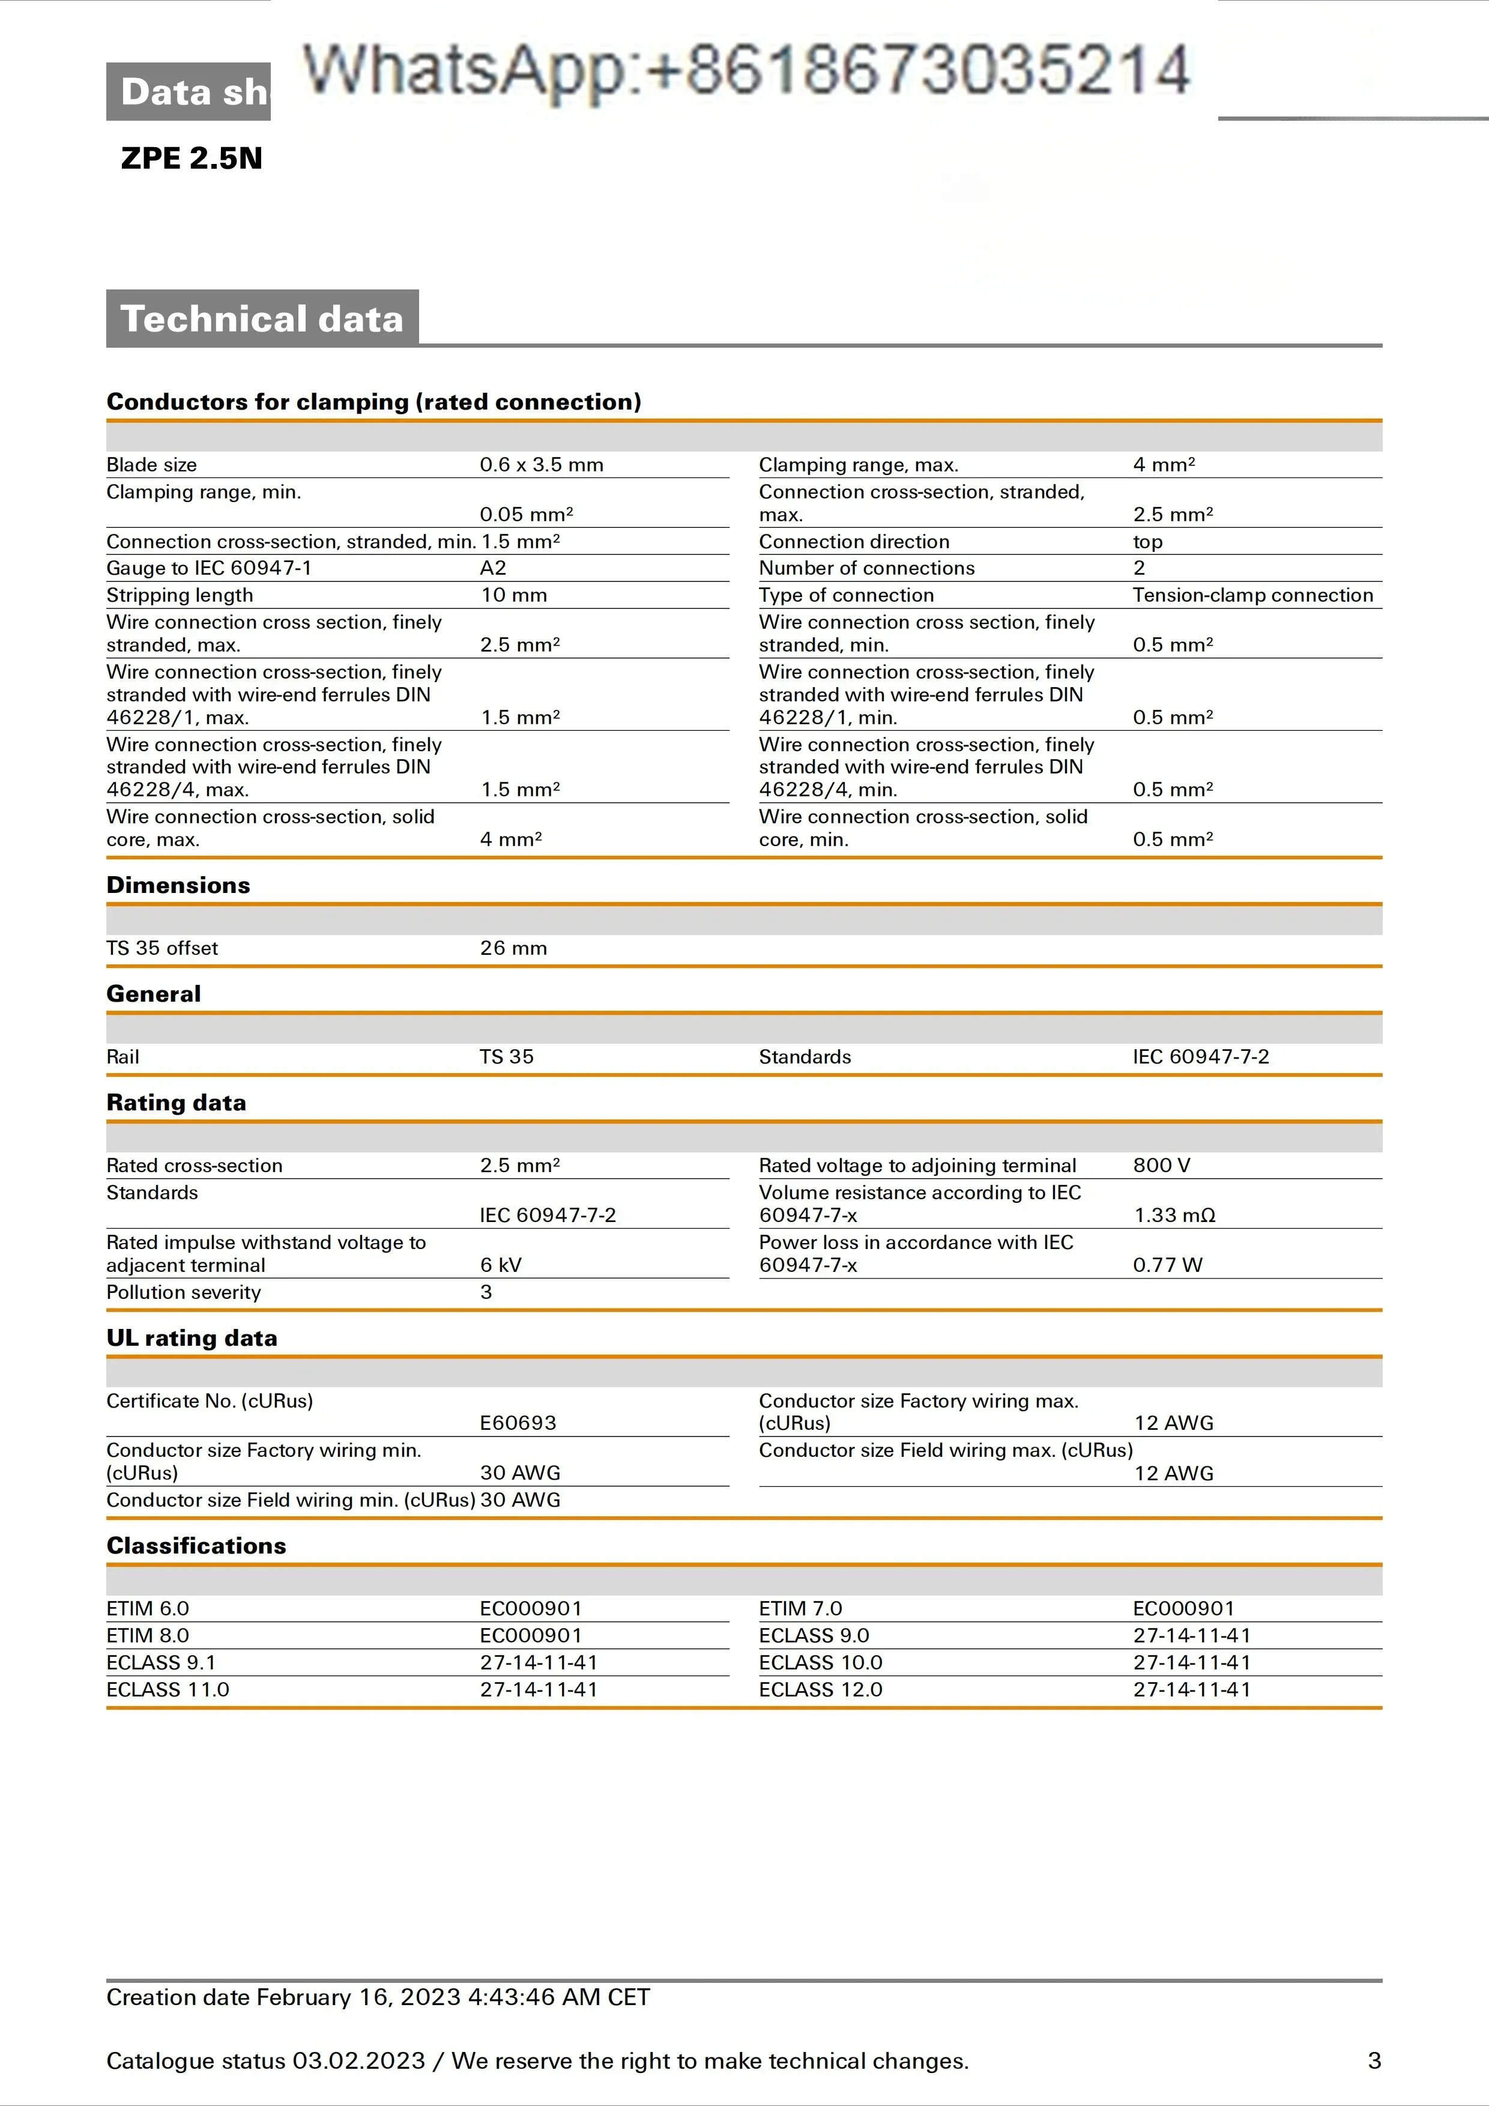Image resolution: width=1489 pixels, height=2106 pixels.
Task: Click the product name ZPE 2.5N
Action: tap(192, 159)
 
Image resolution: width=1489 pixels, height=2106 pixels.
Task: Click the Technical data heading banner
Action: tap(262, 318)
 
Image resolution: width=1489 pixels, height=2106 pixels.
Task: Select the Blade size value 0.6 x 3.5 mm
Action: tap(541, 465)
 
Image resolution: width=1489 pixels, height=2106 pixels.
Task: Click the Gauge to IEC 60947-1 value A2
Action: tap(494, 569)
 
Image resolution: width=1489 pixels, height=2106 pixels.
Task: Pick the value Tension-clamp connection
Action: tap(1252, 595)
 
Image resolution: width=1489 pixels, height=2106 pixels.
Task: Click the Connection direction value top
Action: tap(1147, 542)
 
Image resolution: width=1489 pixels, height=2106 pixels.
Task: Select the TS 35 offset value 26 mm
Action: tap(513, 948)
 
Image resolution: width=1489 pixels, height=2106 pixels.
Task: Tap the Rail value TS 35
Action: tap(506, 1057)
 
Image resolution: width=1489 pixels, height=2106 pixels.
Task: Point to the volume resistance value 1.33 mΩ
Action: tap(1174, 1215)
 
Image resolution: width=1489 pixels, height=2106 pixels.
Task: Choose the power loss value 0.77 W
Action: tap(1167, 1265)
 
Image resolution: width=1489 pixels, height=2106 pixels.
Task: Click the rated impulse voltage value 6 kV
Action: tap(501, 1265)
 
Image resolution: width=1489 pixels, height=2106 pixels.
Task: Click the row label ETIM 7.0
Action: tap(800, 1609)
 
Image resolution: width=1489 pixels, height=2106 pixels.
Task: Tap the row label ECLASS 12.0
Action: tap(821, 1690)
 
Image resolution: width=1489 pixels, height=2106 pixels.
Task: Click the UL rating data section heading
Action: tap(192, 1339)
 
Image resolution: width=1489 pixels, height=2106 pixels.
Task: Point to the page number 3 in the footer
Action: tap(1374, 2061)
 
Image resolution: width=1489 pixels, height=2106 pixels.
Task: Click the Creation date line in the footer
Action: tap(378, 1998)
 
